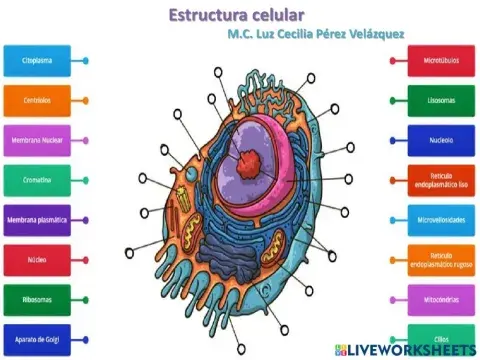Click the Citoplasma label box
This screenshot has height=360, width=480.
pyautogui.click(x=37, y=60)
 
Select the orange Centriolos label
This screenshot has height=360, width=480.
pyautogui.click(x=37, y=100)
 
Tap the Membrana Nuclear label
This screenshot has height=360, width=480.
pyautogui.click(x=37, y=140)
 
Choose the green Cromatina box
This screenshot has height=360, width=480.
pyautogui.click(x=37, y=180)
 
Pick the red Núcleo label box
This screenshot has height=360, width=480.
pyautogui.click(x=37, y=260)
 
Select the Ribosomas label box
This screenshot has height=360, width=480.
pyautogui.click(x=37, y=299)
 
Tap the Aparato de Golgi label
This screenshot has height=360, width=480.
pyautogui.click(x=37, y=339)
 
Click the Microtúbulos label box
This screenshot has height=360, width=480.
pyautogui.click(x=434, y=60)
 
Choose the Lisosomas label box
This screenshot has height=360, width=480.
pyautogui.click(x=434, y=100)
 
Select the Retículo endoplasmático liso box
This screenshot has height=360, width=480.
pyautogui.click(x=434, y=179)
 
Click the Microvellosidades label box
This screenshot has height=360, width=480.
pyautogui.click(x=434, y=219)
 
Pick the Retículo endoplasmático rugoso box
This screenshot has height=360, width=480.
pyautogui.click(x=434, y=259)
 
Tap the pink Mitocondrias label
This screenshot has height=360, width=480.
pyautogui.click(x=434, y=298)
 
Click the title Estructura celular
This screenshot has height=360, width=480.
pyautogui.click(x=236, y=15)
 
